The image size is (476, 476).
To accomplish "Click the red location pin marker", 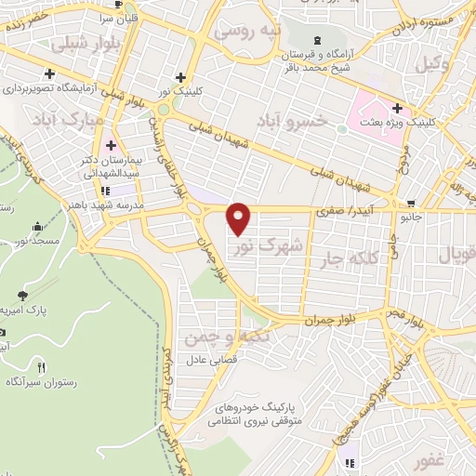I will (x=239, y=217).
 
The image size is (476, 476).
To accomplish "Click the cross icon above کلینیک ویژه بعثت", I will (x=397, y=107).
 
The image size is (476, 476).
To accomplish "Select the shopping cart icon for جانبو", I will (x=411, y=204).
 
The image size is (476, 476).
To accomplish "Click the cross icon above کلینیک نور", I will (x=180, y=79).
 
